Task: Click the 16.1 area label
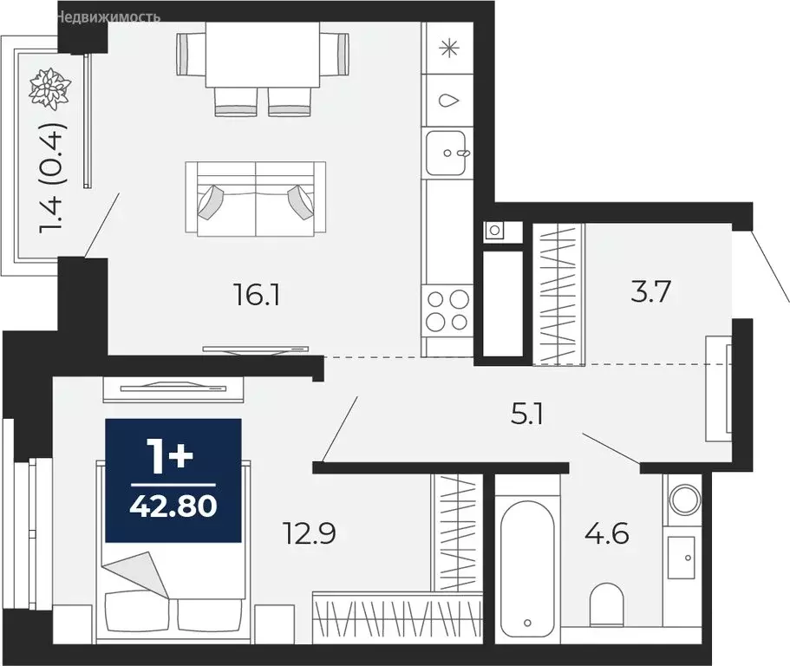click(x=257, y=295)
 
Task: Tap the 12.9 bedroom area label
click(x=309, y=533)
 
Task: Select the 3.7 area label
click(x=650, y=291)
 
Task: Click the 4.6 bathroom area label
click(x=607, y=533)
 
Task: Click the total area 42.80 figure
click(x=173, y=506)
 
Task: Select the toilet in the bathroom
click(x=607, y=604)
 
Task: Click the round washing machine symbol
click(x=684, y=499)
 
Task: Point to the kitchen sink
click(x=446, y=153)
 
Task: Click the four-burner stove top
click(x=447, y=310)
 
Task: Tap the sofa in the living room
click(x=256, y=198)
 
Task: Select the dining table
click(x=263, y=55)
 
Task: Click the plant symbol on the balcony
click(x=49, y=88)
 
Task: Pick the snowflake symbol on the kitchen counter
click(x=449, y=49)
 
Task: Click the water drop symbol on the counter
click(x=448, y=101)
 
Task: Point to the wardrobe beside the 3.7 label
click(x=558, y=293)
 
